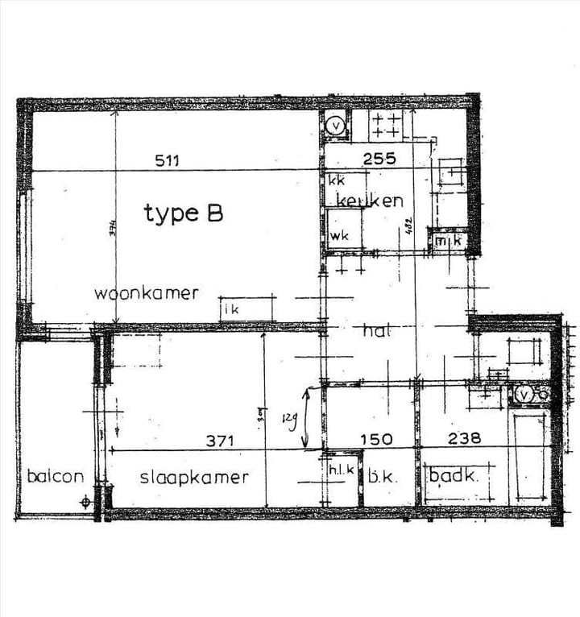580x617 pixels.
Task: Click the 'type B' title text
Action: (183, 213)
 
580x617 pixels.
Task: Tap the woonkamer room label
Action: (146, 292)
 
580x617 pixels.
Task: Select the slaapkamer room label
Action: (194, 477)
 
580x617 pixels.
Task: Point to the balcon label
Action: (55, 476)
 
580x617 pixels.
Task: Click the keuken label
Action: (370, 201)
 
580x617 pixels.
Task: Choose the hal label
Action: (376, 330)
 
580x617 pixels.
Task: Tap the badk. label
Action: (453, 476)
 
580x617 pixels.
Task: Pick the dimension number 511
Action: (167, 159)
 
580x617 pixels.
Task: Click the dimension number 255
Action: (379, 159)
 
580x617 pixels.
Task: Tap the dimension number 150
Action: (376, 440)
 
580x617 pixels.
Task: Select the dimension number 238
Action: (465, 439)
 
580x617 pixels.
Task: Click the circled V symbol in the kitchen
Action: (336, 126)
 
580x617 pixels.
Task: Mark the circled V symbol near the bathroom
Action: (525, 395)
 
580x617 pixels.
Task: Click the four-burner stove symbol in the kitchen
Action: (386, 126)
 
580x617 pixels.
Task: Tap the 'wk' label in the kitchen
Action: (338, 237)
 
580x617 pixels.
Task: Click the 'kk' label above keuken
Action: (336, 180)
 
